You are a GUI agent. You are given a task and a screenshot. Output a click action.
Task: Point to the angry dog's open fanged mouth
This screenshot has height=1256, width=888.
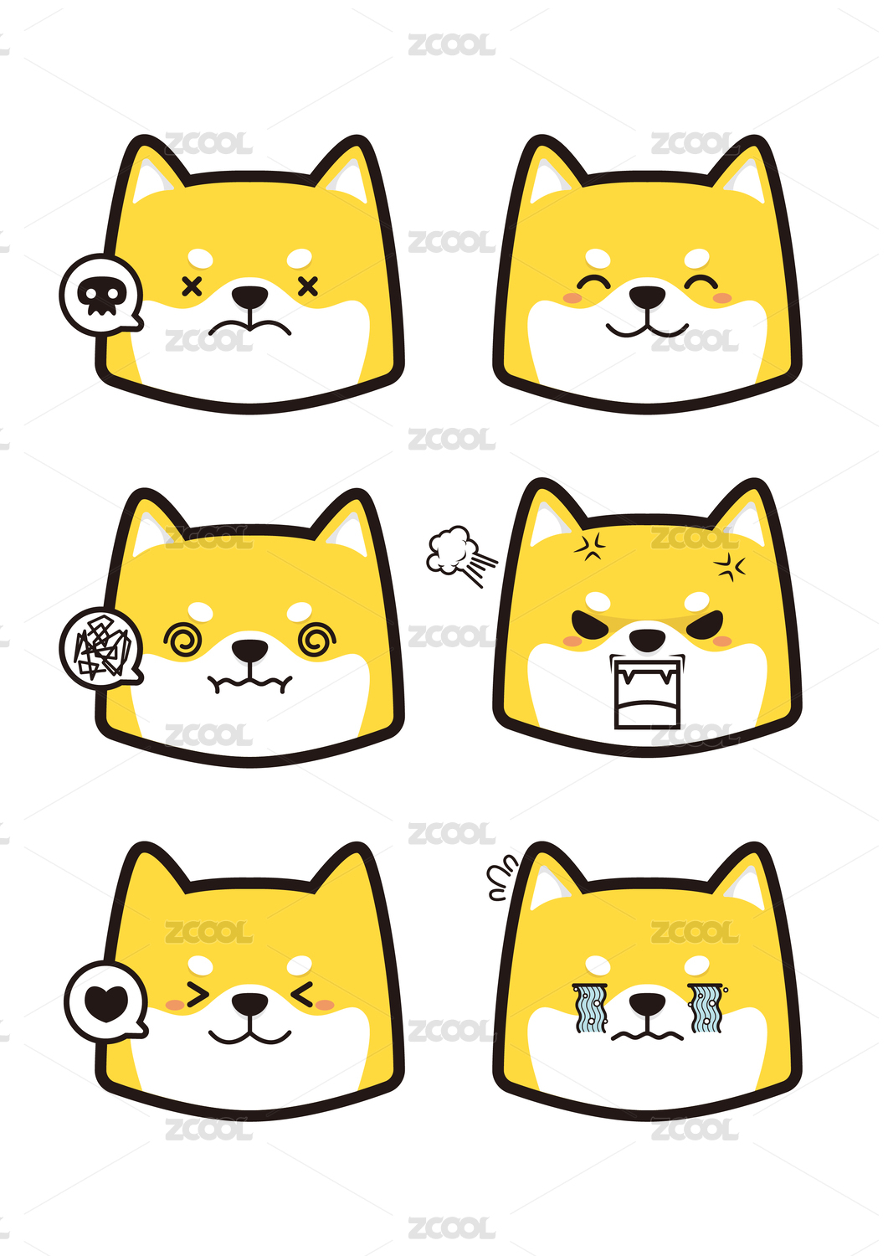click(x=647, y=693)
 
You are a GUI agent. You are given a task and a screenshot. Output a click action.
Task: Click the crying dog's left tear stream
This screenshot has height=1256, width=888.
click(x=590, y=1008)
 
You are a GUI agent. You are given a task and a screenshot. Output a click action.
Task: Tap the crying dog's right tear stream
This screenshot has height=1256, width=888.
click(x=708, y=1008)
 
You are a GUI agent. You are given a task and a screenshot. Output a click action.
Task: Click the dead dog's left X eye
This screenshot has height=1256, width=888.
click(x=192, y=286)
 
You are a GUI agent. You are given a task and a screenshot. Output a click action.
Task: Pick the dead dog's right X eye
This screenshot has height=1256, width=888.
click(x=308, y=286)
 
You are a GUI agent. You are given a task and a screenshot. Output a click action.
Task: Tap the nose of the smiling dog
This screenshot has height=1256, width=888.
click(x=647, y=296)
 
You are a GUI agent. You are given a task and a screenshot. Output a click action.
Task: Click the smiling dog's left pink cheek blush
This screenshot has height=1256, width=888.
click(x=572, y=298)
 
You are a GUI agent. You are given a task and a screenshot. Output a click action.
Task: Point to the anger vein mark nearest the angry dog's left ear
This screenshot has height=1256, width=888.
click(x=590, y=546)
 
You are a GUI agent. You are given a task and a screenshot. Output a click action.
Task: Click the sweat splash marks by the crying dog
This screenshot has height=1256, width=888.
click(x=501, y=877)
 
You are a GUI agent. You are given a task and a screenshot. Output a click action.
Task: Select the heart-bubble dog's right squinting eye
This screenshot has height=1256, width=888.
click(x=303, y=995)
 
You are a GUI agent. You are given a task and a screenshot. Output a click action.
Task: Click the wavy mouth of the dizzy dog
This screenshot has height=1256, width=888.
click(x=250, y=683)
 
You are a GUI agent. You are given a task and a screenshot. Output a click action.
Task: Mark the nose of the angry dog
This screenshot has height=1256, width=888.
click(x=647, y=640)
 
